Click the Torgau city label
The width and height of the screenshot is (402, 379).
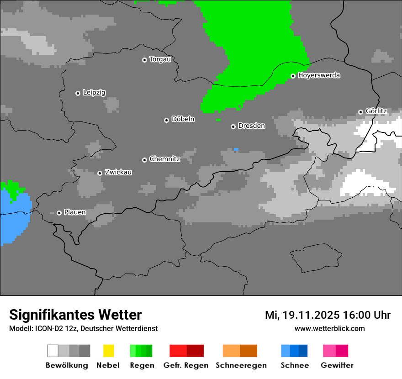[x=160, y=59]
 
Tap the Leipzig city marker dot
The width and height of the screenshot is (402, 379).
[x=78, y=93]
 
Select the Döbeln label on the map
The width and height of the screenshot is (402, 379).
[x=183, y=119]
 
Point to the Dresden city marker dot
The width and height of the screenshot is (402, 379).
[x=233, y=126]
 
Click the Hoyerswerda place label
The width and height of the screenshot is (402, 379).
[x=319, y=75]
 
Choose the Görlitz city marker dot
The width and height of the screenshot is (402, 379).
[x=360, y=112]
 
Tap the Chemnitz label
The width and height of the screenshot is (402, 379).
[x=164, y=159]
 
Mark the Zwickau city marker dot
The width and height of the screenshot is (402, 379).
[x=100, y=173]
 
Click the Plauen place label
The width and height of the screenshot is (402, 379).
[x=75, y=212]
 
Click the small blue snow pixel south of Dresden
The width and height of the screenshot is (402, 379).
[x=236, y=149]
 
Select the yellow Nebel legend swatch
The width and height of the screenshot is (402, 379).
[x=108, y=351]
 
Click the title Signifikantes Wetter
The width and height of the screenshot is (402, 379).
[x=75, y=315]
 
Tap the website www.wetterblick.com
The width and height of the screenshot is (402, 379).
[x=329, y=328]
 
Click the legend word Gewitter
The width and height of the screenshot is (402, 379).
[x=337, y=365]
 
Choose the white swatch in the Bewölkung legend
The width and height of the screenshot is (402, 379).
[x=53, y=351]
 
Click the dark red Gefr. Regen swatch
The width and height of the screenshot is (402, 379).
[x=195, y=351]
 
